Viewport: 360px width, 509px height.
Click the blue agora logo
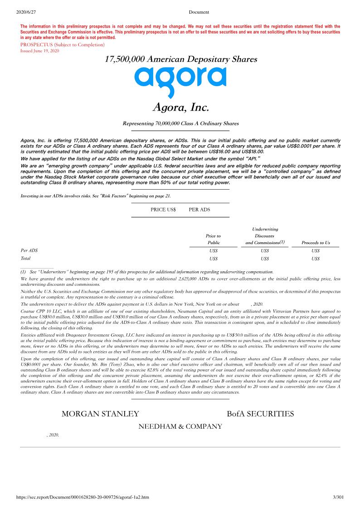(x=180, y=81)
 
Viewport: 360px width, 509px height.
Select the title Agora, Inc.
(x=180, y=108)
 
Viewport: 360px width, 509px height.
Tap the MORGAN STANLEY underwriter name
(x=100, y=414)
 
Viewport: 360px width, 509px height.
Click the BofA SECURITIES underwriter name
(x=260, y=414)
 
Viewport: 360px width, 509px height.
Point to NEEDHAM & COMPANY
(x=180, y=426)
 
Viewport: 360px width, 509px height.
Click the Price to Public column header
(x=213, y=239)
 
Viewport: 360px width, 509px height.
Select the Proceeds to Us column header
(x=316, y=243)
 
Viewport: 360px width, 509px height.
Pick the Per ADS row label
(x=29, y=250)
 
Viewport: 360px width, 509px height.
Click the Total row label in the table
(x=26, y=259)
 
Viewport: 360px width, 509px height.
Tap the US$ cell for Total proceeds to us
(x=316, y=259)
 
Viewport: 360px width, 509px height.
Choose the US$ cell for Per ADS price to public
(x=214, y=250)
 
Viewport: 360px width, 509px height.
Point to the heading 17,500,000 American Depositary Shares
(x=180, y=59)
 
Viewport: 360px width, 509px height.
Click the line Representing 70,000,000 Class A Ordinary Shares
(x=180, y=123)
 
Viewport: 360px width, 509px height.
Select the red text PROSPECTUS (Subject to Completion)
(x=62, y=45)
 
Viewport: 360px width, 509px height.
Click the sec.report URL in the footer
(x=83, y=497)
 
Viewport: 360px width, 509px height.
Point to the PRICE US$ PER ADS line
(x=180, y=210)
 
